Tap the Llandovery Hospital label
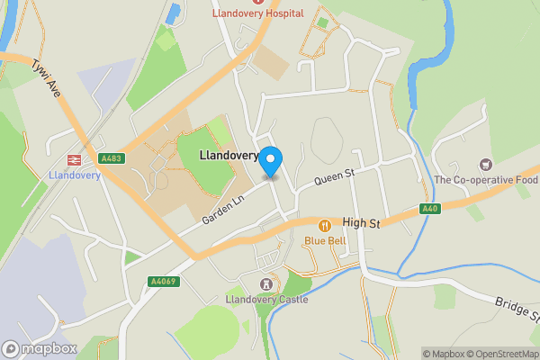click(258, 14)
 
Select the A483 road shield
click(112, 158)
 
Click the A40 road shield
click(431, 209)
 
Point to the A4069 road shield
click(161, 282)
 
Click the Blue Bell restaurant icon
click(325, 225)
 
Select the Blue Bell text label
click(325, 240)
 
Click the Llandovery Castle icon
click(266, 283)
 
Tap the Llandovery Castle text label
click(266, 299)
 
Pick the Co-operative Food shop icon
click(486, 164)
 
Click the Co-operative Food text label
click(485, 180)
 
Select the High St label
click(362, 222)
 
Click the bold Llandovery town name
click(230, 156)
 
